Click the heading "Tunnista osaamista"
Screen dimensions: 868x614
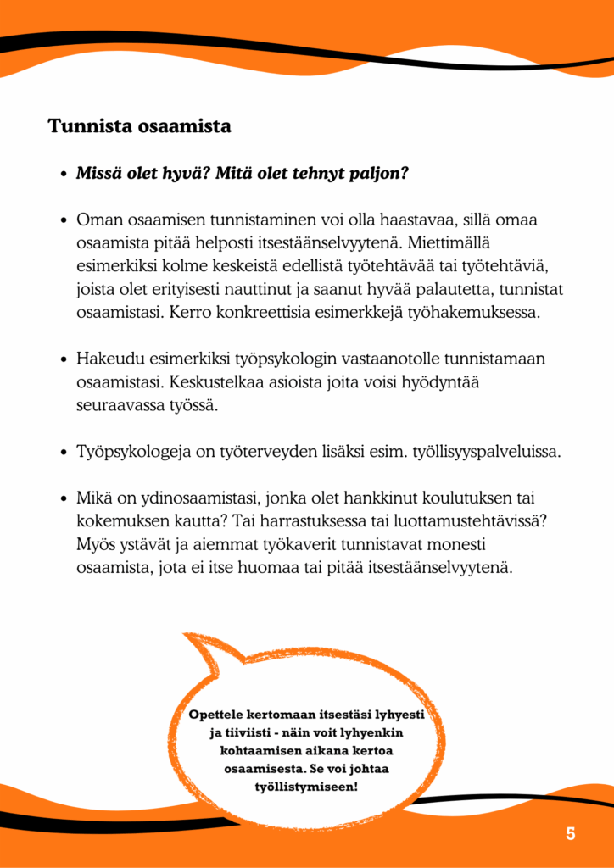pyautogui.click(x=139, y=127)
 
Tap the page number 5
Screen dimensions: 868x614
pyautogui.click(x=571, y=833)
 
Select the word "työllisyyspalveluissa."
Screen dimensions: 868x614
pyautogui.click(x=486, y=452)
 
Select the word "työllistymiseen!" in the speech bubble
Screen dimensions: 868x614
pyautogui.click(x=306, y=787)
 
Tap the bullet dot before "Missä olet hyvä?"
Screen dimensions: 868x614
pyautogui.click(x=64, y=175)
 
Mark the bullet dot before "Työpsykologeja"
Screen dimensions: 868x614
pyautogui.click(x=64, y=453)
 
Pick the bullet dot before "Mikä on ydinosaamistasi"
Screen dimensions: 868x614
pyautogui.click(x=64, y=499)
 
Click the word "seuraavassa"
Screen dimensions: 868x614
pyautogui.click(x=120, y=405)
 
